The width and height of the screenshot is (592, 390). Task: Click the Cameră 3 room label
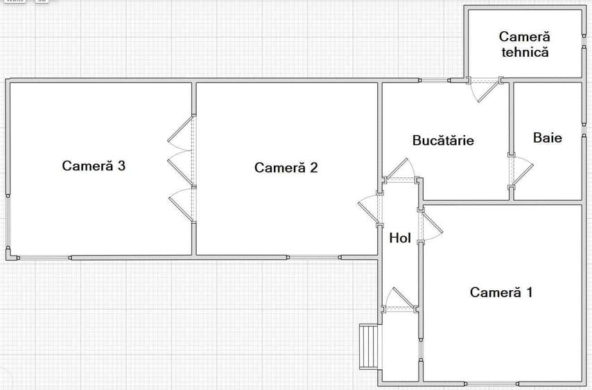94,166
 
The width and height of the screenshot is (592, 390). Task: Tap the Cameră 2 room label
286,168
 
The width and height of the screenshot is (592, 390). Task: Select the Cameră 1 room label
501,292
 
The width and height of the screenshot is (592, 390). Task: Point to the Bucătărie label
443,141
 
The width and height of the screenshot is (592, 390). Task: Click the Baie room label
547,137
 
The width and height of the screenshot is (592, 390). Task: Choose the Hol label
400,238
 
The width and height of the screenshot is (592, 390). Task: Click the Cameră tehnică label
523,44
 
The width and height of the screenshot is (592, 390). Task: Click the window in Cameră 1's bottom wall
492,383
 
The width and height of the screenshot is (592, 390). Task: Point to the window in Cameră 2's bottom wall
314,258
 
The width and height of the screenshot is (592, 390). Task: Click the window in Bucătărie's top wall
435,80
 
